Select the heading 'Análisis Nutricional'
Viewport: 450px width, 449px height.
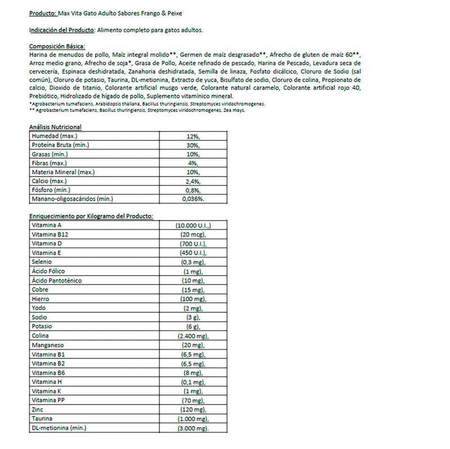pos(55,128)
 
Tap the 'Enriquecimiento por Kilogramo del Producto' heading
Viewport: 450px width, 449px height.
pos(91,216)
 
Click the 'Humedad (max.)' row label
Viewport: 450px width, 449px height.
pos(55,136)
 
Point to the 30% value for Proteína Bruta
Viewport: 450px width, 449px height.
pos(193,145)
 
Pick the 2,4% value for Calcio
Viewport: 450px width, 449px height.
pos(193,181)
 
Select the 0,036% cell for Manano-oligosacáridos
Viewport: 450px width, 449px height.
pos(193,199)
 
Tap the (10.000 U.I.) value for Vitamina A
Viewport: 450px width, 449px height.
pos(193,225)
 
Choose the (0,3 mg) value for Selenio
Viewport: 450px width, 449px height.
pos(193,262)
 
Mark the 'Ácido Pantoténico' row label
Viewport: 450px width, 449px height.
pos(57,280)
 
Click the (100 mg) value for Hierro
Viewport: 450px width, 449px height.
pos(193,298)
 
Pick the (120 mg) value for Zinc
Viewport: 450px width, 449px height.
pos(193,408)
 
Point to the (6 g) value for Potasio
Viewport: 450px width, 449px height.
pos(193,326)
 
